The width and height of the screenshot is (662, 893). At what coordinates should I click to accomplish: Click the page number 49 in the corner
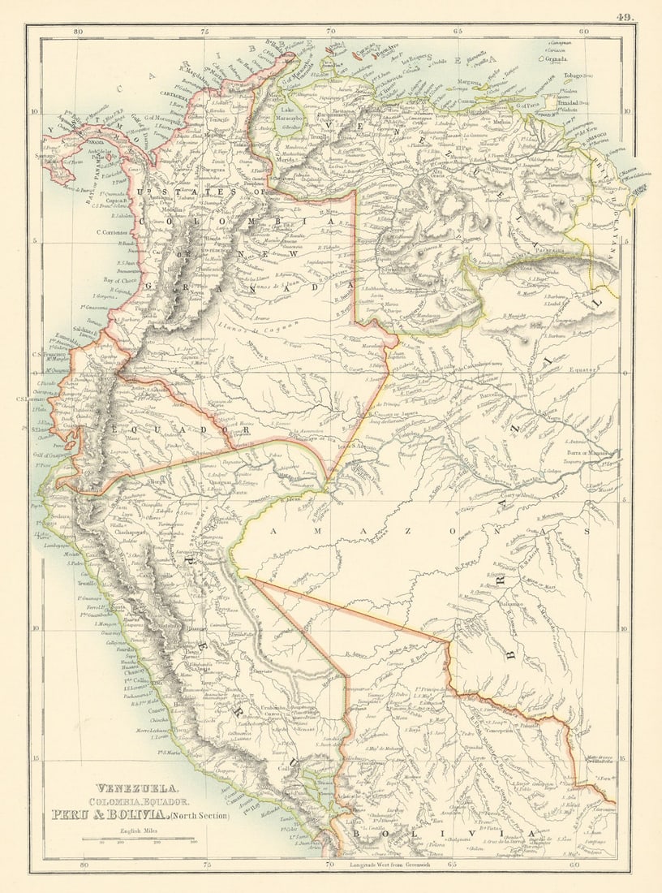point(626,16)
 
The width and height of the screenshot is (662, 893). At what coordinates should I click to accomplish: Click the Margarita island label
point(471,82)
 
